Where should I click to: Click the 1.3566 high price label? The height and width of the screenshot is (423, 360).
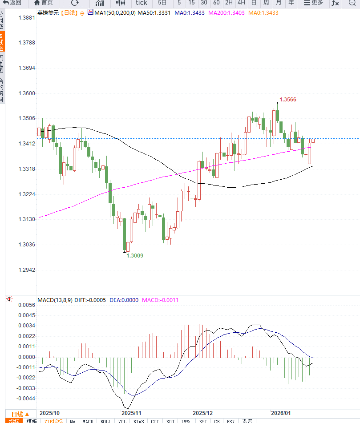[x=287, y=100]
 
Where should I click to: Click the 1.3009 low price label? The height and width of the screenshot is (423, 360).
[x=135, y=256]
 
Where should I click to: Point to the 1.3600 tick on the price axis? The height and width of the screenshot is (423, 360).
[x=26, y=94]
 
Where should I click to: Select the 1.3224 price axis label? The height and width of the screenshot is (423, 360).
[x=26, y=195]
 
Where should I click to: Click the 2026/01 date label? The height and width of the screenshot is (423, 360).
[x=281, y=413]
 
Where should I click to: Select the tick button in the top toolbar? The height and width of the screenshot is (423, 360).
[x=142, y=3]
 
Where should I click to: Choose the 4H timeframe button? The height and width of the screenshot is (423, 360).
[x=241, y=3]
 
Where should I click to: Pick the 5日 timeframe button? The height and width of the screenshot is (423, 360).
[x=162, y=3]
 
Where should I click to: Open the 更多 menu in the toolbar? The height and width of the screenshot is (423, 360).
[x=313, y=3]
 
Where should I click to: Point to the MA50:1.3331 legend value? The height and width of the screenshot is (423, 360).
[x=154, y=13]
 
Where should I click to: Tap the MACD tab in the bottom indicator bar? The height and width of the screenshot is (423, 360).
[x=88, y=421]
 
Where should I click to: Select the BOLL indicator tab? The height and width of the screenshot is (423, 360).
[x=106, y=421]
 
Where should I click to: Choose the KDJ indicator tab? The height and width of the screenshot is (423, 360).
[x=170, y=421]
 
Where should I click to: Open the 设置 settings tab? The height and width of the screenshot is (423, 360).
[x=247, y=421]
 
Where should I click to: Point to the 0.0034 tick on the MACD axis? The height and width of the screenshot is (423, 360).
[x=26, y=326]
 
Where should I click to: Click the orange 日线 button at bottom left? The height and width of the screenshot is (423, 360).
[x=20, y=414]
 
